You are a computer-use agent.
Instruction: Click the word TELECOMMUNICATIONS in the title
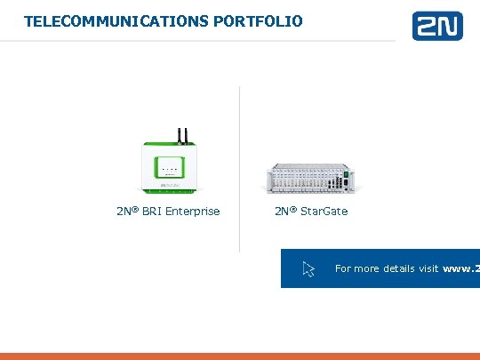pos(116,20)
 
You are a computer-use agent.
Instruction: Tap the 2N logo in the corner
pos(436,26)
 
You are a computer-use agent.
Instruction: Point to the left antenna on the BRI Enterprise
pos(178,134)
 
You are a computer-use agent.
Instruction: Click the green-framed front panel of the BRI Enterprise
pos(168,168)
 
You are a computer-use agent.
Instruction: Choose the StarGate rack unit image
pos(311,177)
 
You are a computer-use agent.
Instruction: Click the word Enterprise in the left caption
pos(191,212)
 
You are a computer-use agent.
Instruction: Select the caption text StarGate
pos(324,212)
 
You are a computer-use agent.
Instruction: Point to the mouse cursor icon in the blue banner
pos(309,268)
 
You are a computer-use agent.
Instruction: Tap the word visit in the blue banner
pos(428,268)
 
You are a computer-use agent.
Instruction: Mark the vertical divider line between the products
pos(239,169)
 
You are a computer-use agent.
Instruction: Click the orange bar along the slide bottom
pos(240,356)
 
